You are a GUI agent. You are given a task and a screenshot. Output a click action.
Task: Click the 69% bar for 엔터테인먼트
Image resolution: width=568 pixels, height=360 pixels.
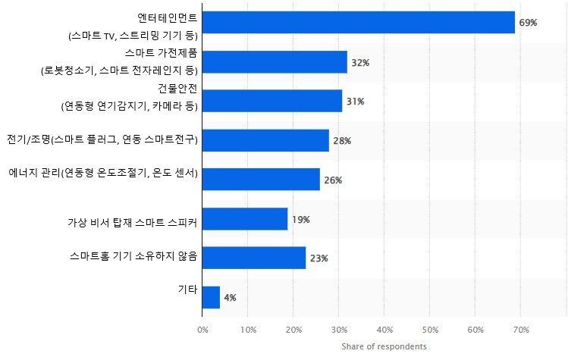(359, 23)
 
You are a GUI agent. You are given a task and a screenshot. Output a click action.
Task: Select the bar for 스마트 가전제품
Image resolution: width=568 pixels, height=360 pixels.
(275, 62)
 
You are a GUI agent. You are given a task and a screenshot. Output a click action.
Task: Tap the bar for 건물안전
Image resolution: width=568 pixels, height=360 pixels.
(272, 101)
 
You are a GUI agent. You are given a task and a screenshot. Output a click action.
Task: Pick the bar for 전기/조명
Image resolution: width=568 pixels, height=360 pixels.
(265, 140)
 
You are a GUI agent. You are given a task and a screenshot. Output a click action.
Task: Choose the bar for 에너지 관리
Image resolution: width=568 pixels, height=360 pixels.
(261, 180)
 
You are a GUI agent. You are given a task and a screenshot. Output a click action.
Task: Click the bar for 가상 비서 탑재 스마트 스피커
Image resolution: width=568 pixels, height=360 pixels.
(245, 219)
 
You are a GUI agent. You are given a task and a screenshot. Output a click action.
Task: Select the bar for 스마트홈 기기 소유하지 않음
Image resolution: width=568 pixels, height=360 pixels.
(254, 258)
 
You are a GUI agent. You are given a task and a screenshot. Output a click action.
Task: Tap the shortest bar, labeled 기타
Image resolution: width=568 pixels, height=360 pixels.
(211, 297)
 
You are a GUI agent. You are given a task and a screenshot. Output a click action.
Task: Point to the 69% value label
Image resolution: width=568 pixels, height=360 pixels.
(528, 23)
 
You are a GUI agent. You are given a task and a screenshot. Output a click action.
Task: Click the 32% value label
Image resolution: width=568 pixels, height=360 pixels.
(360, 62)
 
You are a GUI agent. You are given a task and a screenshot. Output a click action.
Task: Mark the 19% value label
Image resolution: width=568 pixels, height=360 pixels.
(300, 220)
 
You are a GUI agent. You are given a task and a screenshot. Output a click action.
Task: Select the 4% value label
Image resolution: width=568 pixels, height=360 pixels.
(230, 298)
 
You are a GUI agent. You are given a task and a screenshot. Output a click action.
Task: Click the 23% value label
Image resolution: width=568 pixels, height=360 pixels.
(319, 258)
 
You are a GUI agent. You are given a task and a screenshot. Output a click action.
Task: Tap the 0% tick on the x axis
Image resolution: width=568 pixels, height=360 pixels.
(202, 329)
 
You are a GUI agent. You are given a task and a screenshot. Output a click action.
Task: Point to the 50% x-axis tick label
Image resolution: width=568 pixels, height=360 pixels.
(430, 329)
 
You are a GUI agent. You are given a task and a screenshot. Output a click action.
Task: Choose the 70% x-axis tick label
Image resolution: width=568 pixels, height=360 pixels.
(521, 329)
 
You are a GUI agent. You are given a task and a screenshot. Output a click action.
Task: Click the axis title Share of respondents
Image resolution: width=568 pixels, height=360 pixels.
(384, 346)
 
